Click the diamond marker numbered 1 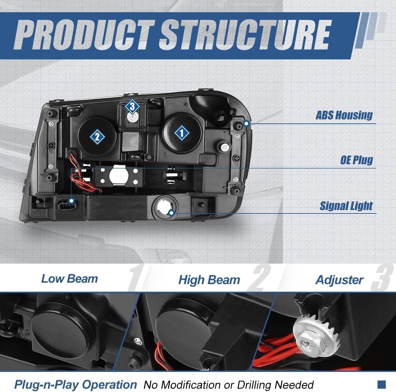[x=182, y=133]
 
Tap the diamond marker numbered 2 [x=97, y=137]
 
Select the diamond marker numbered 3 [x=132, y=107]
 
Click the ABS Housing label [x=344, y=115]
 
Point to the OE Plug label [x=356, y=160]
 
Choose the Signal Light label [x=346, y=206]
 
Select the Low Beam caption [x=69, y=279]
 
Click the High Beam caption [x=209, y=280]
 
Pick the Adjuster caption [x=339, y=280]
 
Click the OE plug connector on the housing [x=67, y=205]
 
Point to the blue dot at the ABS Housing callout [x=247, y=123]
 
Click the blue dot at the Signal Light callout [x=172, y=213]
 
